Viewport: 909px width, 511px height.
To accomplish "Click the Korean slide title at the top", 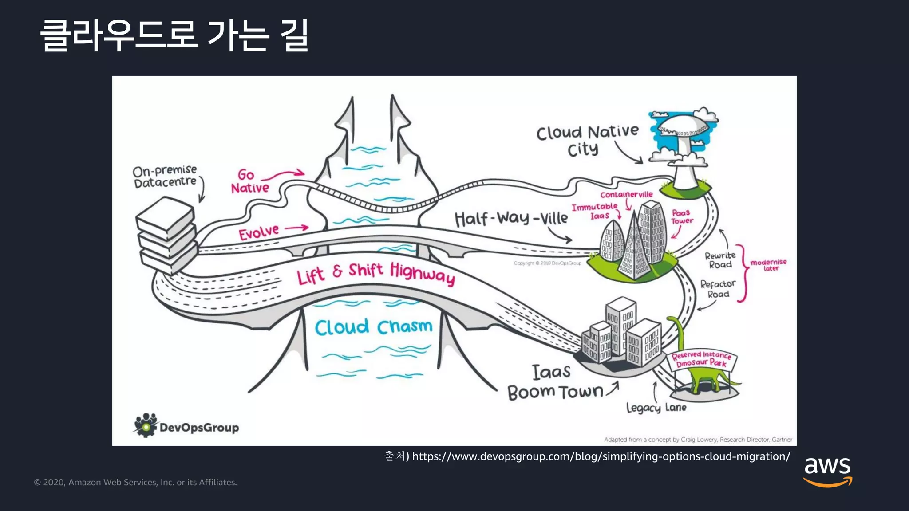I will point(174,35).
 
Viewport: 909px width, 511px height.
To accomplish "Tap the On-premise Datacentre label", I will point(165,176).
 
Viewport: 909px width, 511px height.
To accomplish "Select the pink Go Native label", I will point(249,181).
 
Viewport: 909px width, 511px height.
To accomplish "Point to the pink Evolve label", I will point(259,232).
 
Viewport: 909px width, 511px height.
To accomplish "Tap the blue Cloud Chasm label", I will point(373,327).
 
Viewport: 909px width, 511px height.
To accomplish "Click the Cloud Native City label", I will point(587,140).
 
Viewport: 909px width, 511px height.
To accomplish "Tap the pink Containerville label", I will point(626,194).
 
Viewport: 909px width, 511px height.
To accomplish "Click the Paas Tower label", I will point(682,217).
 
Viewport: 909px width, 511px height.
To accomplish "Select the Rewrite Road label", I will point(720,260).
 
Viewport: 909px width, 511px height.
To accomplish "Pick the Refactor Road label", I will point(718,289).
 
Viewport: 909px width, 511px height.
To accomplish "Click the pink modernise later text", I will point(768,265).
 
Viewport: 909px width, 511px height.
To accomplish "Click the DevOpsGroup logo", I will point(186,426).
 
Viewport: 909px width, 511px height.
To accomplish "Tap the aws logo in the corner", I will point(827,472).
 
